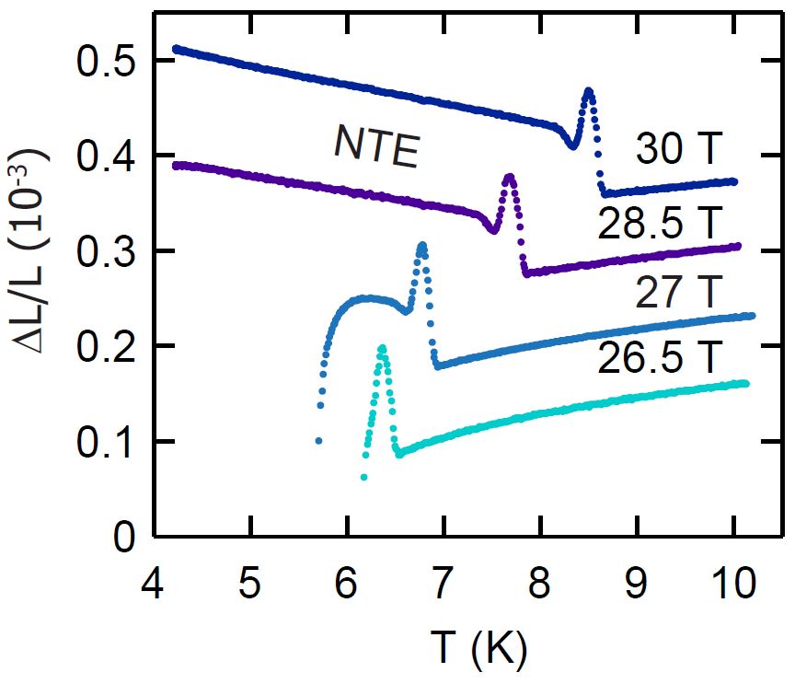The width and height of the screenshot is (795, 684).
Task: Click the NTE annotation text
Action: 376,147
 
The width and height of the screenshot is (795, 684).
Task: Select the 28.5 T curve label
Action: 660,222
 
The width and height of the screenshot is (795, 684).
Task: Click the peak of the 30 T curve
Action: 588,90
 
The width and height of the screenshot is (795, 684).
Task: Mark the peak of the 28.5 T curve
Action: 510,175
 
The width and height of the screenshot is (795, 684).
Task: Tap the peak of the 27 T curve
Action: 421,245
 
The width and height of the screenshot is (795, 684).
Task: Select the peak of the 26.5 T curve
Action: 382,348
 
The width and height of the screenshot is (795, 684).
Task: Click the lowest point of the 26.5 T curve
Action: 364,477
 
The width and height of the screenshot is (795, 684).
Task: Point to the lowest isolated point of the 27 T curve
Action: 318,441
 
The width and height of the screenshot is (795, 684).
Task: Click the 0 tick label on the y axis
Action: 123,537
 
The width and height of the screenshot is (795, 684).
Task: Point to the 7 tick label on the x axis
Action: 443,579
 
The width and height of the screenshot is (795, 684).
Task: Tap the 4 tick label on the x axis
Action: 154,579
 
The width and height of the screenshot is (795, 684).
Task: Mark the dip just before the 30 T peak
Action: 572,145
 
